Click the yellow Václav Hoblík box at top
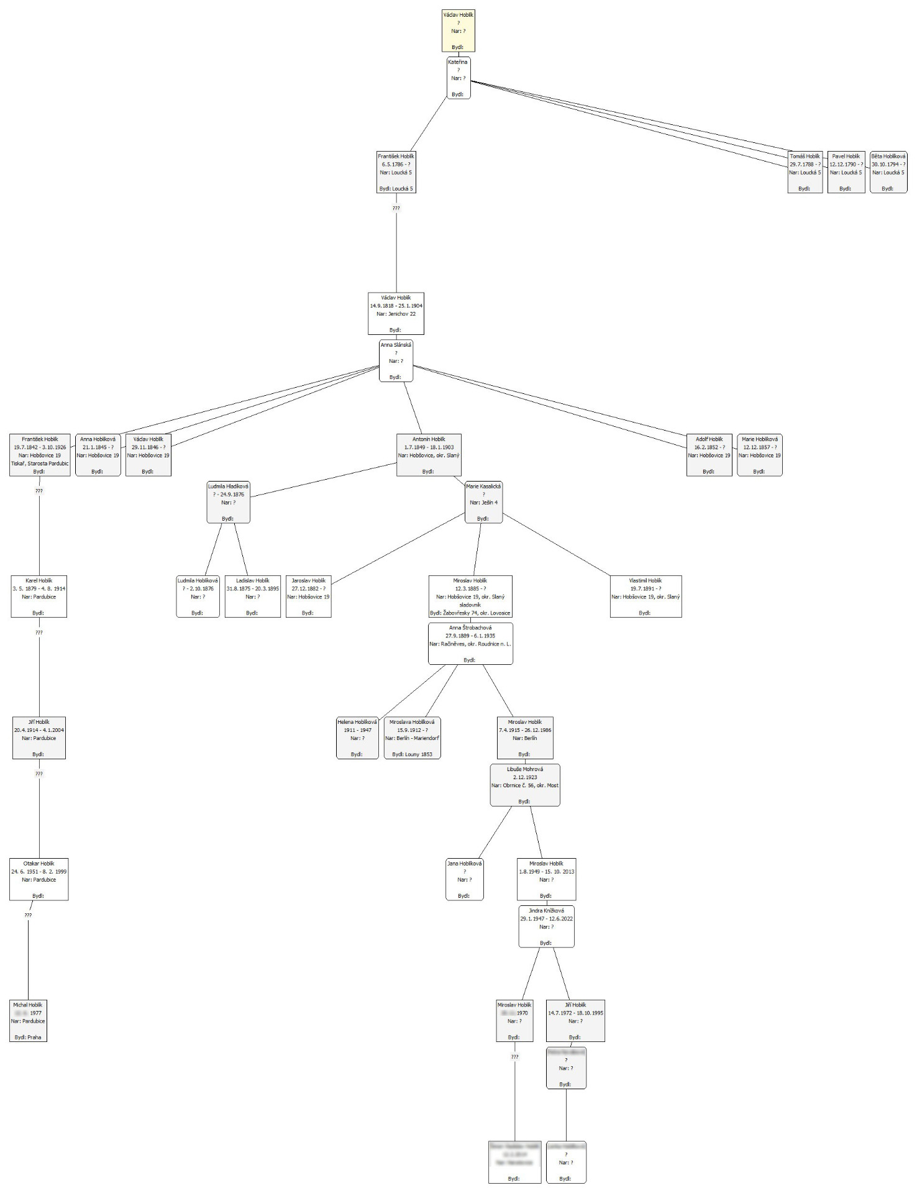pyautogui.click(x=458, y=30)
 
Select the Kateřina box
pyautogui.click(x=458, y=78)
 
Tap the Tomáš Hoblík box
pyautogui.click(x=805, y=172)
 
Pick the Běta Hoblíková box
pyautogui.click(x=888, y=172)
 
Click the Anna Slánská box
pyautogui.click(x=396, y=360)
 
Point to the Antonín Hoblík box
pyautogui.click(x=429, y=455)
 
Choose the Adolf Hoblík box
pyautogui.click(x=709, y=455)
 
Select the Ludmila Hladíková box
pyautogui.click(x=228, y=502)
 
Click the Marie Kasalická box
pyautogui.click(x=483, y=502)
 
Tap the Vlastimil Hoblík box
pyautogui.click(x=646, y=596)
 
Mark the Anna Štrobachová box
pyautogui.click(x=470, y=644)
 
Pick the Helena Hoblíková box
pyautogui.click(x=357, y=738)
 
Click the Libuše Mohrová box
pyautogui.click(x=525, y=785)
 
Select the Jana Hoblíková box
pyautogui.click(x=464, y=879)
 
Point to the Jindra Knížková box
pyautogui.click(x=546, y=926)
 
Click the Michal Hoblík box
pyautogui.click(x=28, y=1021)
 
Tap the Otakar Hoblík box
pyautogui.click(x=39, y=879)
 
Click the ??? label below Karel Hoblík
pyautogui.click(x=39, y=633)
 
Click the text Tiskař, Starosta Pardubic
pyautogui.click(x=40, y=464)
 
